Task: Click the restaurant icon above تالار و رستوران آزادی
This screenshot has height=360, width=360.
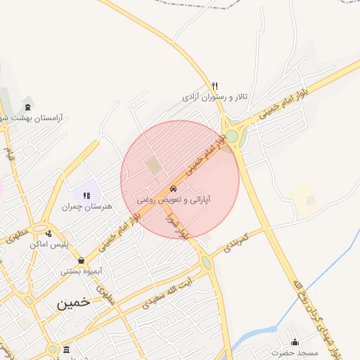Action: click(x=215, y=86)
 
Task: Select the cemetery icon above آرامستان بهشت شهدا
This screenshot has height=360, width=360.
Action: click(x=28, y=107)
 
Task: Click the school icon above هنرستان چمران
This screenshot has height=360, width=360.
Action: click(x=86, y=195)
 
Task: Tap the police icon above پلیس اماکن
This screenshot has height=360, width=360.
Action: click(x=48, y=234)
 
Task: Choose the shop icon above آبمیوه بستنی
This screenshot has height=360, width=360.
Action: click(x=82, y=259)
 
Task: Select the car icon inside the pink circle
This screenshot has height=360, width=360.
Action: click(x=173, y=189)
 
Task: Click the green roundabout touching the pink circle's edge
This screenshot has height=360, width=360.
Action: click(x=231, y=135)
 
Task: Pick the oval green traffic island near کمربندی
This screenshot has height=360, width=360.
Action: click(x=206, y=263)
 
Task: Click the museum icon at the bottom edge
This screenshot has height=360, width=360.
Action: click(x=66, y=349)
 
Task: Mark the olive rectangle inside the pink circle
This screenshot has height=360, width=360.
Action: click(x=153, y=167)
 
